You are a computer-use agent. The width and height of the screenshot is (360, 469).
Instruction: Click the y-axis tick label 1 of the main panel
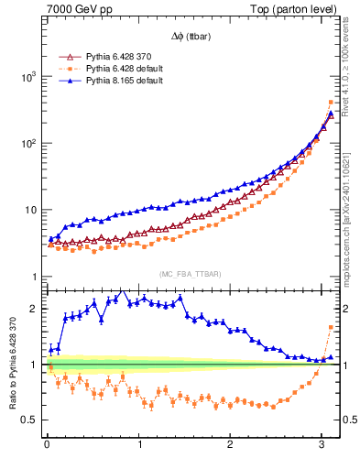coord(35,277)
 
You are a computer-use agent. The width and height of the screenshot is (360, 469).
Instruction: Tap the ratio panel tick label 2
coord(35,309)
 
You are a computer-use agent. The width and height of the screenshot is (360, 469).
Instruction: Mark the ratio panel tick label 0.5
coord(30,420)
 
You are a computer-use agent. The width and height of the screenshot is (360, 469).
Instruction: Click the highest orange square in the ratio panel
coord(331,327)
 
